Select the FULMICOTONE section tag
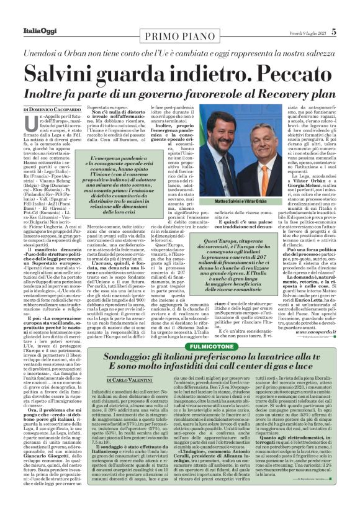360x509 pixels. [x=180, y=344]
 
